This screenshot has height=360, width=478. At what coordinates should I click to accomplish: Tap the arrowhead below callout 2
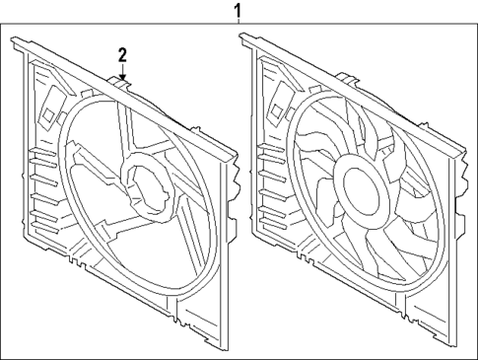122,76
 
